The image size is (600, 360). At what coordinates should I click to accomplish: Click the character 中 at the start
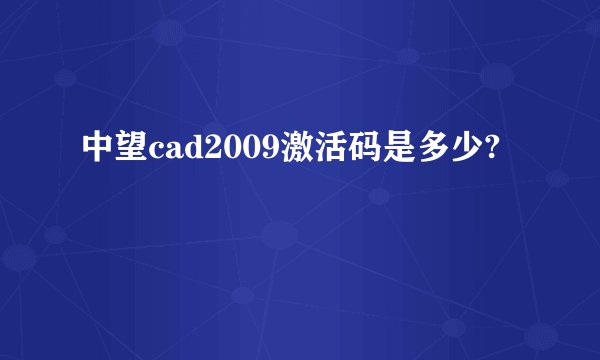(x=99, y=151)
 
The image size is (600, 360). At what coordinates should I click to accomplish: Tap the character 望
(x=131, y=151)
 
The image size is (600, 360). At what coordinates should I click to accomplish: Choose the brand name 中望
(x=115, y=151)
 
